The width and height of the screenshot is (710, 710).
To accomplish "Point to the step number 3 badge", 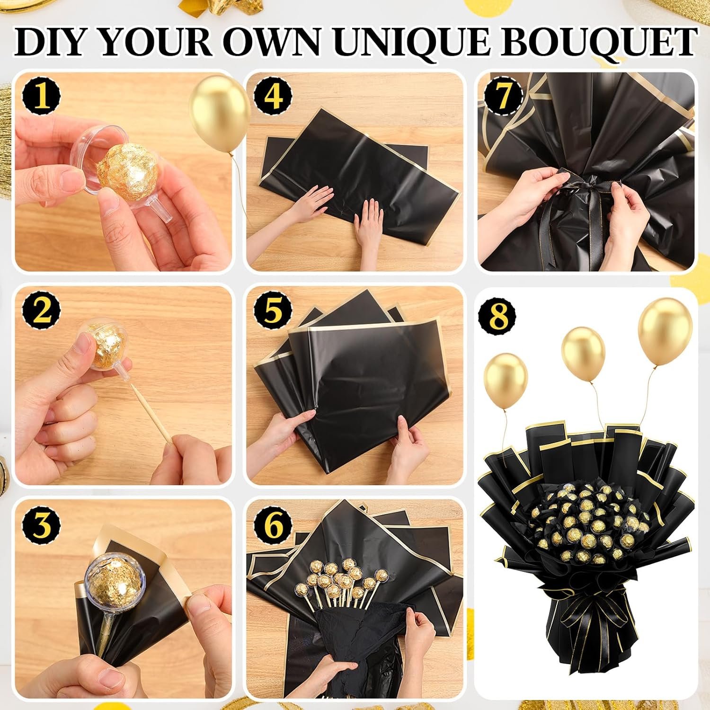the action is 42,525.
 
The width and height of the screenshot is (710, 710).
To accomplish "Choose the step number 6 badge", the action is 273,525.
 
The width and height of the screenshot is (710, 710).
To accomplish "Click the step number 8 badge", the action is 497,317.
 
